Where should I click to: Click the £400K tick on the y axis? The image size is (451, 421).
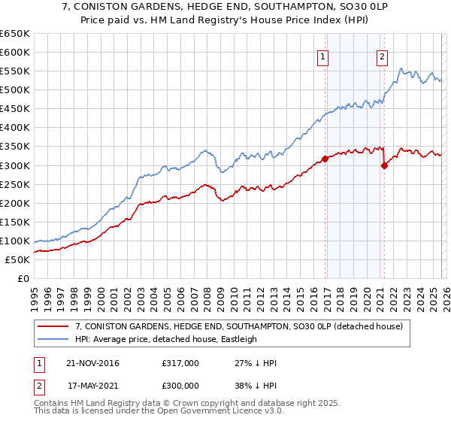[x=15, y=128]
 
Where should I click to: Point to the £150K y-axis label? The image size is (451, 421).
[x=15, y=222]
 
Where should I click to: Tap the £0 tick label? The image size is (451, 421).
[x=23, y=278]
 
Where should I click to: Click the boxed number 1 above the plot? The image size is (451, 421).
[x=322, y=56]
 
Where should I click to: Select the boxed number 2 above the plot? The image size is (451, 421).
[x=382, y=56]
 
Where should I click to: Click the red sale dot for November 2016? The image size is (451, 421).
[x=325, y=159]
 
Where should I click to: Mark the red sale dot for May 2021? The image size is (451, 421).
[x=384, y=165]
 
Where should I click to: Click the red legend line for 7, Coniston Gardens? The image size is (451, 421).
[x=53, y=327]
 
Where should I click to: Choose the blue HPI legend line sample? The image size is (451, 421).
[x=53, y=339]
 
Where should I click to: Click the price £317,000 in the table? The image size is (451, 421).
[x=180, y=363]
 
